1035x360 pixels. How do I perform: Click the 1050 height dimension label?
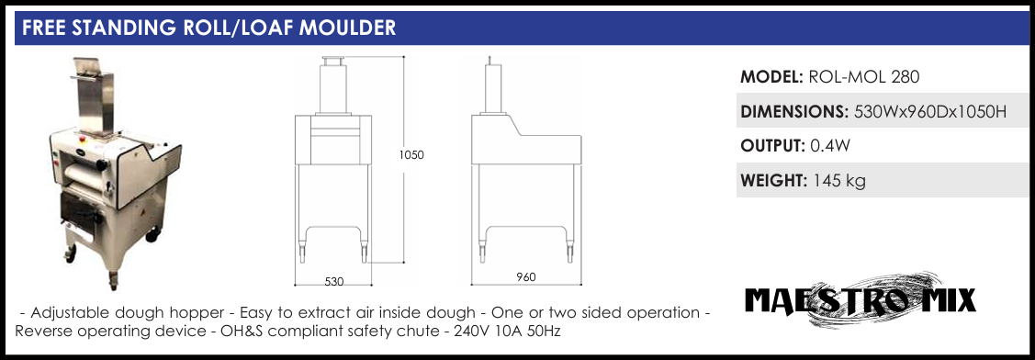click(411, 155)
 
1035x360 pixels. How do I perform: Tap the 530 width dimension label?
click(334, 281)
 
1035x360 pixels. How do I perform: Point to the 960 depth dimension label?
click(526, 276)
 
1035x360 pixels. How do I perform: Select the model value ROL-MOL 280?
click(863, 77)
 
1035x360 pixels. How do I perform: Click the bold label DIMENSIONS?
click(794, 112)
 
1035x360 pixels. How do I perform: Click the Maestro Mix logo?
click(860, 301)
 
